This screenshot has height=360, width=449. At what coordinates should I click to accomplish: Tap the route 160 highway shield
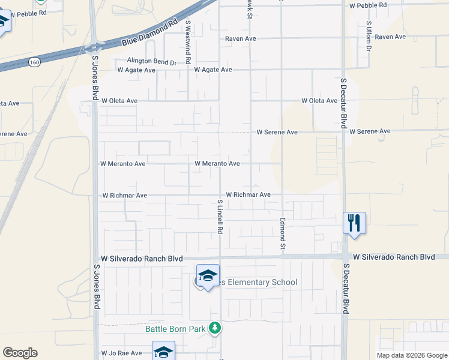click(x=35, y=61)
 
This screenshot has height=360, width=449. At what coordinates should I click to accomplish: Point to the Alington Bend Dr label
click(x=151, y=61)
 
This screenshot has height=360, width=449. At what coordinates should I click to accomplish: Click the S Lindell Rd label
click(x=220, y=217)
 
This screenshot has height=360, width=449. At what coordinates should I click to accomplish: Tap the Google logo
click(x=20, y=353)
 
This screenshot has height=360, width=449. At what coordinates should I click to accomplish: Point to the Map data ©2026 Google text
click(x=411, y=355)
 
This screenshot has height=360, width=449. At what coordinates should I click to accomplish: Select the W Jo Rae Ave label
click(x=121, y=353)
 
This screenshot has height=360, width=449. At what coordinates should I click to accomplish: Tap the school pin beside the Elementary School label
click(x=208, y=276)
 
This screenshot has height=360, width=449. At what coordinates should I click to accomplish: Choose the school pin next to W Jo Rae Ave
click(x=163, y=352)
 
